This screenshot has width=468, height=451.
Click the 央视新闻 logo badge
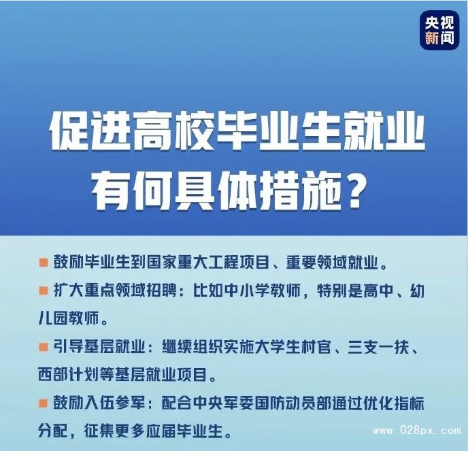click(x=439, y=30)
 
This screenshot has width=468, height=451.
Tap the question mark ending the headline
click(x=353, y=190)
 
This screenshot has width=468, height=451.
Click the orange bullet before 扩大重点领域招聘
click(x=44, y=290)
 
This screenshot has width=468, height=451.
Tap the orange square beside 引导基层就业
click(x=44, y=347)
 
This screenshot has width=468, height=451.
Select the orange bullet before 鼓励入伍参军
click(x=44, y=403)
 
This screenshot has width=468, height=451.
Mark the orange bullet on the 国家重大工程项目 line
click(x=44, y=263)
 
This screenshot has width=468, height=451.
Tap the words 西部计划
click(x=69, y=375)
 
